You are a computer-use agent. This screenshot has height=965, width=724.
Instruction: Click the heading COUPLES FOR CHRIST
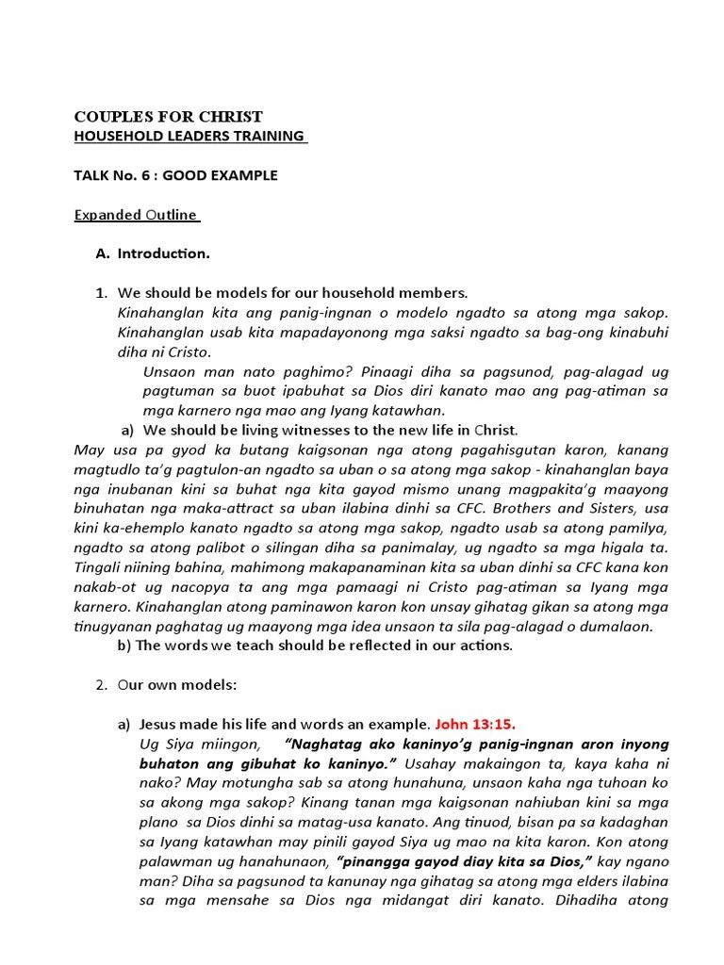point(169,117)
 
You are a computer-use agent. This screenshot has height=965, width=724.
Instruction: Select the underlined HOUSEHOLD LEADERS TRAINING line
point(189,137)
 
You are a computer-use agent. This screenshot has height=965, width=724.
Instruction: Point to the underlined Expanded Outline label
point(136,214)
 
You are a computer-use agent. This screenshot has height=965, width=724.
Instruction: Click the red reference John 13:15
point(475,724)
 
